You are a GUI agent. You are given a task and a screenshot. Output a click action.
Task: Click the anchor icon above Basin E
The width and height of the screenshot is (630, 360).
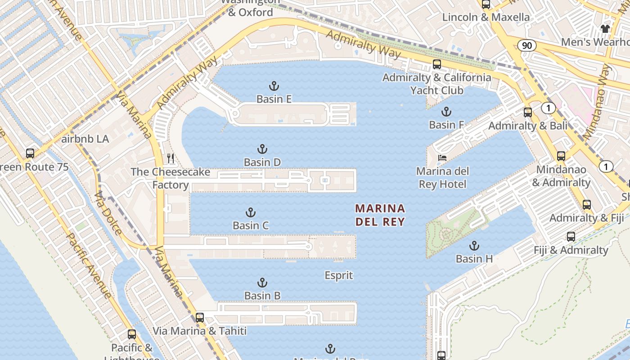click(x=274, y=85)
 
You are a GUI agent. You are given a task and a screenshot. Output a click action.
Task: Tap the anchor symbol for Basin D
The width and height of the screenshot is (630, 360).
click(x=262, y=149)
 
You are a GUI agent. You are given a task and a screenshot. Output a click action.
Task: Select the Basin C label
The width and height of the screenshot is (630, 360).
click(x=251, y=225)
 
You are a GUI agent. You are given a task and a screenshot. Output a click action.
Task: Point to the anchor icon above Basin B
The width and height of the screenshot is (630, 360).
click(x=262, y=283)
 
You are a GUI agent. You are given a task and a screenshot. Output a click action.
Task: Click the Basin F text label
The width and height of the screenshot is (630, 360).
click(x=446, y=125)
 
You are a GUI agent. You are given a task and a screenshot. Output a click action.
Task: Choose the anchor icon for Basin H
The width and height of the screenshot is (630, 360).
click(x=474, y=246)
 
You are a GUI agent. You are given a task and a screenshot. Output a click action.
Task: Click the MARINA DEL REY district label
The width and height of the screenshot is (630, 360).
click(x=380, y=215)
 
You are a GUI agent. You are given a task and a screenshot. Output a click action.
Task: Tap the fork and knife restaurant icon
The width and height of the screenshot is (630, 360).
click(x=171, y=158)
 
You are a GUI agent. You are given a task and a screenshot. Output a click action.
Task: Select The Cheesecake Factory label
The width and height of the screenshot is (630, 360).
click(x=171, y=178)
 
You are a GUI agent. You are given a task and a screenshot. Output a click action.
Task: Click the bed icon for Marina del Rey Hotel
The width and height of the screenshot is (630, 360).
click(x=442, y=158)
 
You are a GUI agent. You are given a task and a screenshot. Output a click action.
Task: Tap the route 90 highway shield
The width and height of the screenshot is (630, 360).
click(x=526, y=45)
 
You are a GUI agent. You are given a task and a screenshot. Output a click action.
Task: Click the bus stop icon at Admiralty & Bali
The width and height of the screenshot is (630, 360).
click(x=528, y=112)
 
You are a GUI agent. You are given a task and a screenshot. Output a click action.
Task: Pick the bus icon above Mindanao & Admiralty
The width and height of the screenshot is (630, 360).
click(x=561, y=156)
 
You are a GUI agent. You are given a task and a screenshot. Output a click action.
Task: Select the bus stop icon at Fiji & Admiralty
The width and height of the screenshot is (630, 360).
click(x=571, y=237)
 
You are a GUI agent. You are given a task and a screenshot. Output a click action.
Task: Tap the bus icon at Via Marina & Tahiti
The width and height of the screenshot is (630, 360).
click(x=200, y=318)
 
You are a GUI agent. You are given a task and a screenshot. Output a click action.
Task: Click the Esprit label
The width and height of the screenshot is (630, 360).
click(x=339, y=275)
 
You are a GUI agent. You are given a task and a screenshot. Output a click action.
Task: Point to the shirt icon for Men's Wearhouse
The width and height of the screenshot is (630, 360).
click(x=605, y=29)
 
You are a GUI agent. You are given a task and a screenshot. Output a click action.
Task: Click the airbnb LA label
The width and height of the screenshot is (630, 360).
click(x=85, y=139)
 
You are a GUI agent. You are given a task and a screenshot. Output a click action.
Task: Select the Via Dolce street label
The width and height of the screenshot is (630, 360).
click(x=108, y=213)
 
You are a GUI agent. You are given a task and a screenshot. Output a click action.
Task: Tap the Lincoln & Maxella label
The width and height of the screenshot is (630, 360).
click(x=486, y=17)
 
